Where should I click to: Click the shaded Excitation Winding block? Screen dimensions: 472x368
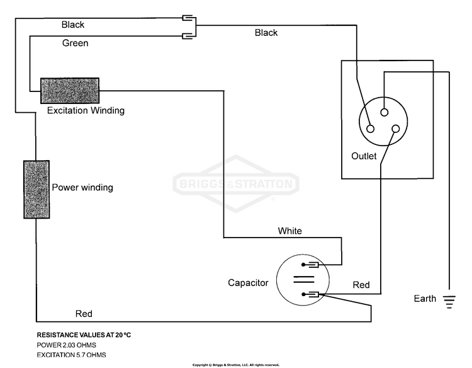(70, 91)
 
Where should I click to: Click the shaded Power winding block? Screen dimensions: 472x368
(37, 189)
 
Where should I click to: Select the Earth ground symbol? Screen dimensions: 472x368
(449, 302)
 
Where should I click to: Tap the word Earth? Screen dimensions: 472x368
(425, 299)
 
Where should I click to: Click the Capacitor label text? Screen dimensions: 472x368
(248, 283)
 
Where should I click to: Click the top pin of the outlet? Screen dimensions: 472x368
(384, 112)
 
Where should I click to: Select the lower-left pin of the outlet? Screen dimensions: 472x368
(370, 129)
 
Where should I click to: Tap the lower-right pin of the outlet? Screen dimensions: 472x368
(396, 129)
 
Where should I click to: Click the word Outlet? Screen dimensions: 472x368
(364, 156)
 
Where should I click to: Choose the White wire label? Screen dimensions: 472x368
(290, 231)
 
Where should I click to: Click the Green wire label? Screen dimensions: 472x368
(76, 43)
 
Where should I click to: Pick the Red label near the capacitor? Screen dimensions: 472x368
(361, 285)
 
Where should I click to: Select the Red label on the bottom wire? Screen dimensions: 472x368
(84, 314)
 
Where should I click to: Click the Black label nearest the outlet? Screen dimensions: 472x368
(266, 33)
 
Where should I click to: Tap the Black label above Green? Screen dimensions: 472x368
(73, 25)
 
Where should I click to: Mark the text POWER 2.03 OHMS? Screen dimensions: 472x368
(67, 345)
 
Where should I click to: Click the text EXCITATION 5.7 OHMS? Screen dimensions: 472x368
(71, 355)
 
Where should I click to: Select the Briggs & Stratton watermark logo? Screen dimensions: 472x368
(236, 184)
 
